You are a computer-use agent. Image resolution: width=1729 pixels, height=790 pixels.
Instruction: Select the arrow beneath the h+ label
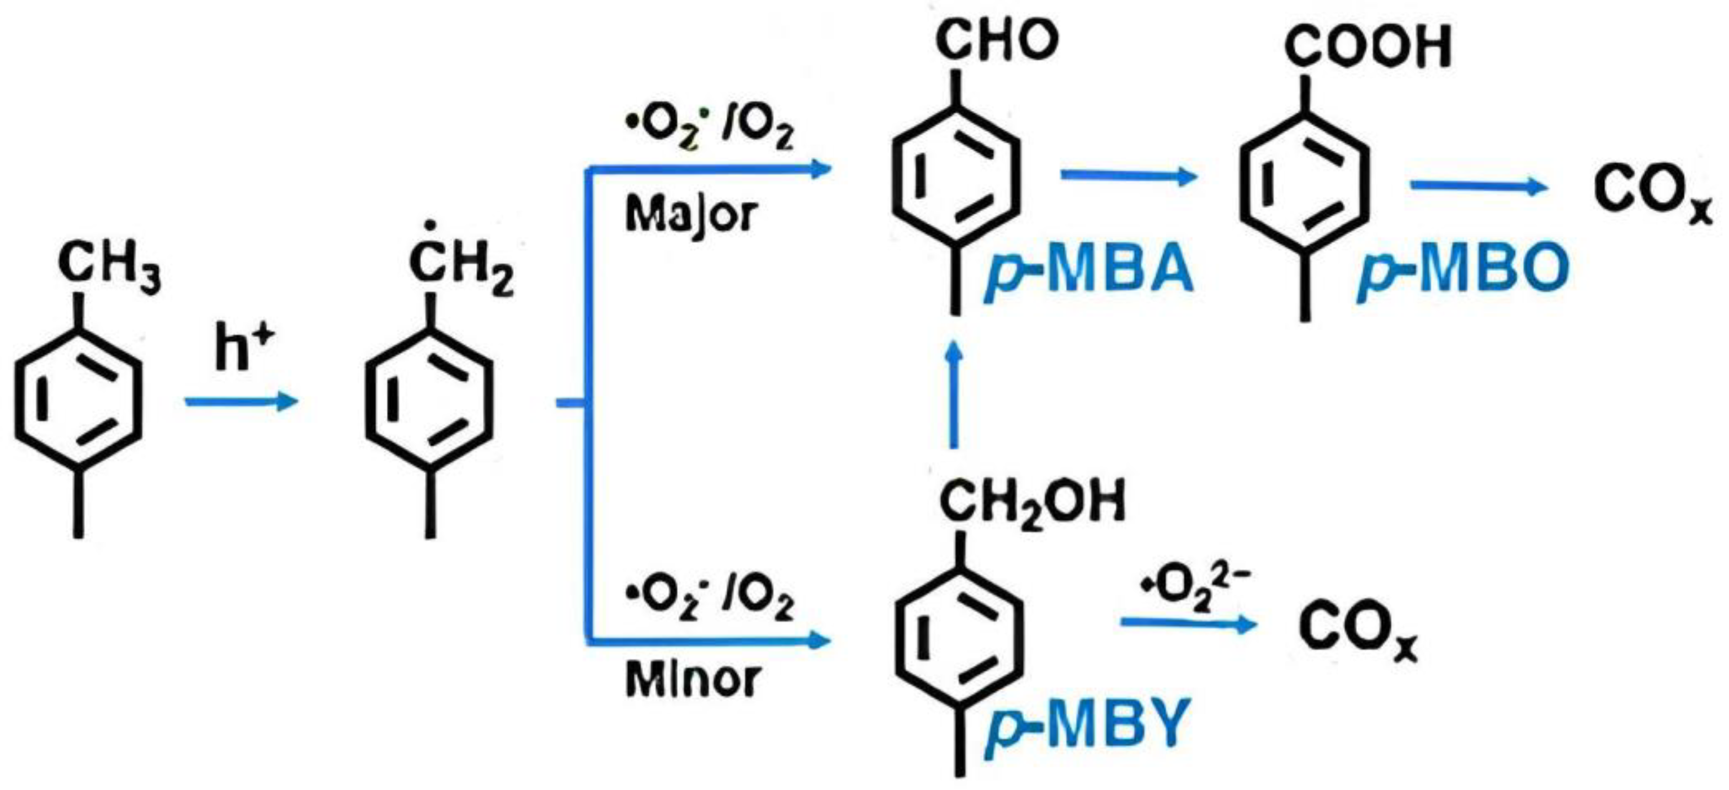coord(241,402)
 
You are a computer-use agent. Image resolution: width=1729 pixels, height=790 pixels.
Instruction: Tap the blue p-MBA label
coord(1089,270)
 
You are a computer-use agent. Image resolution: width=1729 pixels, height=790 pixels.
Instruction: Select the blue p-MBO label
coord(1462,270)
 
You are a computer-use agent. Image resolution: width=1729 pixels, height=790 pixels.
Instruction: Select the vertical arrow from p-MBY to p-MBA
coord(954,396)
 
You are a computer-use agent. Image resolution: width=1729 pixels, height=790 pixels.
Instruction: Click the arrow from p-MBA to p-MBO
coord(1127,176)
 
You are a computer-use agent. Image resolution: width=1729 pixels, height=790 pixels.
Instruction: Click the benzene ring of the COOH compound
coord(1304,183)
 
